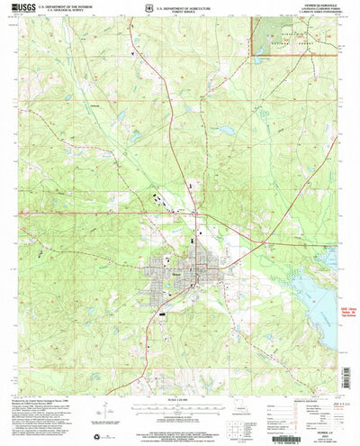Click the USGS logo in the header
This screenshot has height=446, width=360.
24,11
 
